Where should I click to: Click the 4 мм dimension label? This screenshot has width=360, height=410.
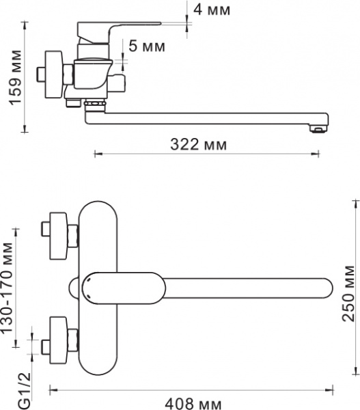(x=212, y=10)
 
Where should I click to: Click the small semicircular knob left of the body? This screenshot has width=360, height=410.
(x=73, y=287)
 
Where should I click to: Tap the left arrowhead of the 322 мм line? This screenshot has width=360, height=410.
(x=96, y=154)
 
